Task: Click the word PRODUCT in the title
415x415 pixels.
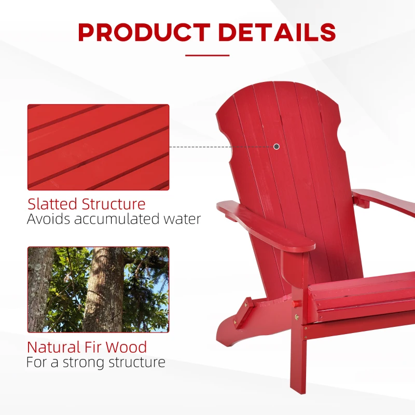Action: tap(143, 32)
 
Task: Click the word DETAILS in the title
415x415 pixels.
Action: tap(277, 32)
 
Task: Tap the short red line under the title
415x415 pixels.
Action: tap(207, 55)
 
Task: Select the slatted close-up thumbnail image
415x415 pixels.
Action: tap(98, 147)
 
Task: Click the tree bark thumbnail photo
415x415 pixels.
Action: tap(98, 289)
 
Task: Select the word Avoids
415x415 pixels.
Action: tap(48, 219)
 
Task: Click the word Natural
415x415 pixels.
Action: tap(53, 347)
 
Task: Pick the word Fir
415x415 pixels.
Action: tap(95, 347)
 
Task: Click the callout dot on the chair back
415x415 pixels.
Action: tap(276, 147)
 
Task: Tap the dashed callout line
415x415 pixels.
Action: tap(220, 147)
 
